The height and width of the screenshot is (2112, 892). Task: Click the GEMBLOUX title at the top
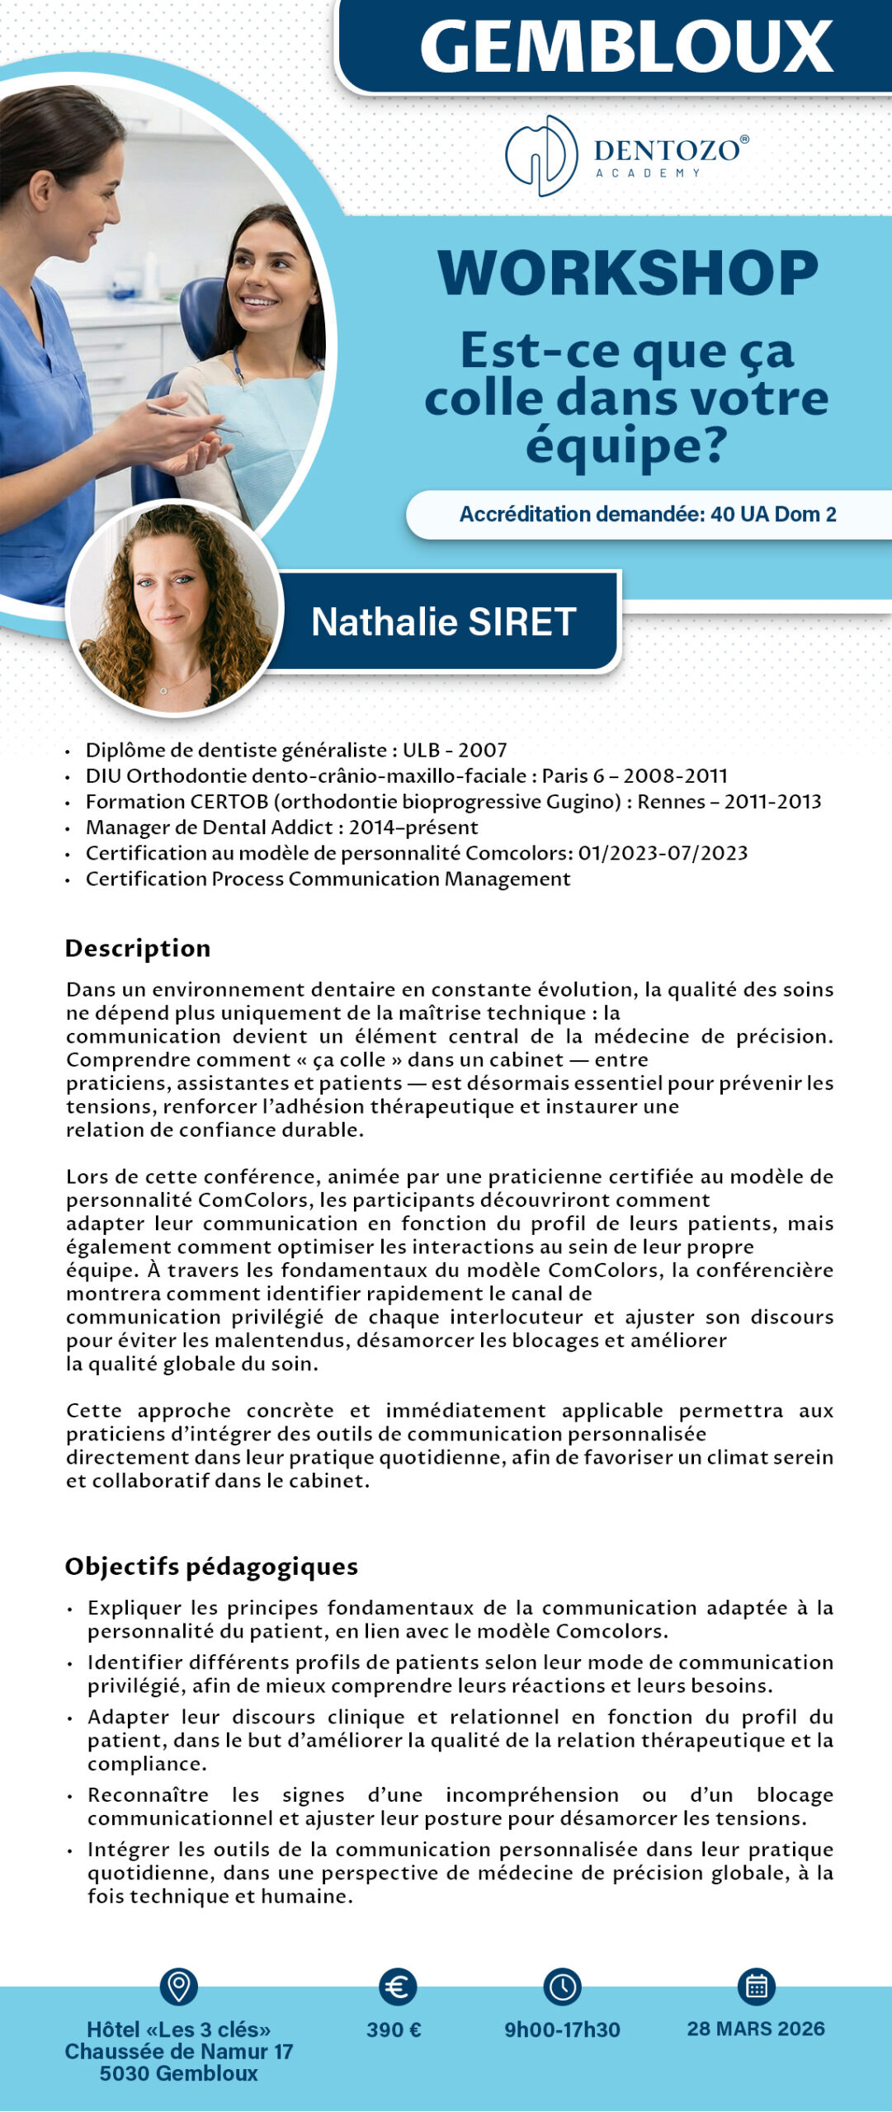(x=626, y=47)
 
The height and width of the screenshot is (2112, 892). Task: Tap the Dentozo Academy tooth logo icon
(x=541, y=156)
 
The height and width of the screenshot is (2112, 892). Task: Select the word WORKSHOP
(x=627, y=273)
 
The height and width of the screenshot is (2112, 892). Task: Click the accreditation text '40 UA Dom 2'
(x=773, y=514)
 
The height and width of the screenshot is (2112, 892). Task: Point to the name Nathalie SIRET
(x=443, y=622)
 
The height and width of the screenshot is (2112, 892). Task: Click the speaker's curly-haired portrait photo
(x=174, y=607)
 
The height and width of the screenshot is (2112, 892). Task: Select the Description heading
(x=138, y=948)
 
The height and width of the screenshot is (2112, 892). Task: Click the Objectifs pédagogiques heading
(x=211, y=1566)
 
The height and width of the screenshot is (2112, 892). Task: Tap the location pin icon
(x=178, y=1986)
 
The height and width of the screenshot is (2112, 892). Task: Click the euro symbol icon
(x=397, y=1987)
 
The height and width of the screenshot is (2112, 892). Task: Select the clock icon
(x=562, y=1987)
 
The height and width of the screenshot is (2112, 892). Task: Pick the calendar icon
(x=756, y=1987)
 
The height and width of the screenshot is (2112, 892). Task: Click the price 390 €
(x=394, y=2029)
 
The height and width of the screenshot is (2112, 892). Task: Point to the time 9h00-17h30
(x=562, y=2029)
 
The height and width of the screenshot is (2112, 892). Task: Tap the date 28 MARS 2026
(x=756, y=2029)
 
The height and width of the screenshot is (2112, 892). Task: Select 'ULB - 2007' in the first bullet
(x=455, y=750)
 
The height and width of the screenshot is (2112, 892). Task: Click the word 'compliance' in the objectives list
(x=147, y=1763)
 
